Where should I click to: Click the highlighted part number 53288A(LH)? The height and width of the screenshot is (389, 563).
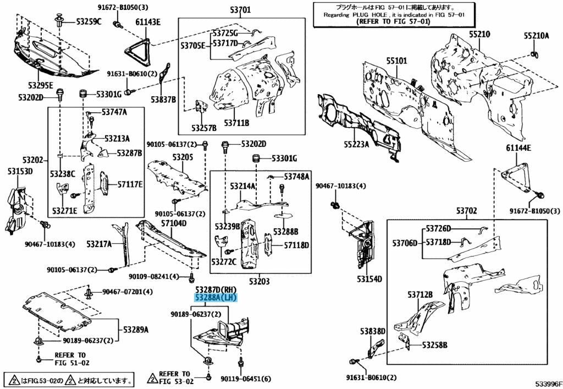tap(215, 298)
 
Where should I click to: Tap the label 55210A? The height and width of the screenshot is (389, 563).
tap(536, 36)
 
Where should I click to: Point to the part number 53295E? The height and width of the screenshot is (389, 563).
tap(41, 85)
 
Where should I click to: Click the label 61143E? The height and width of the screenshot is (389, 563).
tap(147, 22)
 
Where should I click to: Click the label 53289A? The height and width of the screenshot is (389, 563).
tap(135, 330)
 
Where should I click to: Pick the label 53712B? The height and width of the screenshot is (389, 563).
tap(420, 294)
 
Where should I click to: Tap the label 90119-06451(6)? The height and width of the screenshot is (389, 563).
tap(246, 379)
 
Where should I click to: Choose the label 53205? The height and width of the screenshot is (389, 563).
tap(183, 157)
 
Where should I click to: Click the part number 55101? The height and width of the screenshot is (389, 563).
tap(396, 61)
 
